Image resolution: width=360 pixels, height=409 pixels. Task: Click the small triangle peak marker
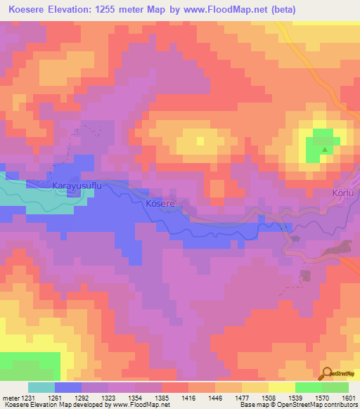point(324,150)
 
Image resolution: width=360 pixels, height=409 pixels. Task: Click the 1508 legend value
point(267,397)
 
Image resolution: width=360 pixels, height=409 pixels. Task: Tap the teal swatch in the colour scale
point(41,387)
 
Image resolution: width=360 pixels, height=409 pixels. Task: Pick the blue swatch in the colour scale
point(67,387)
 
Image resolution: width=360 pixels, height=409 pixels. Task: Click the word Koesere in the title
point(32,10)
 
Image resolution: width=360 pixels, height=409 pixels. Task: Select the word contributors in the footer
point(340,405)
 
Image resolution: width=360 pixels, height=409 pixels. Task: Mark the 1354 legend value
point(136,397)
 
